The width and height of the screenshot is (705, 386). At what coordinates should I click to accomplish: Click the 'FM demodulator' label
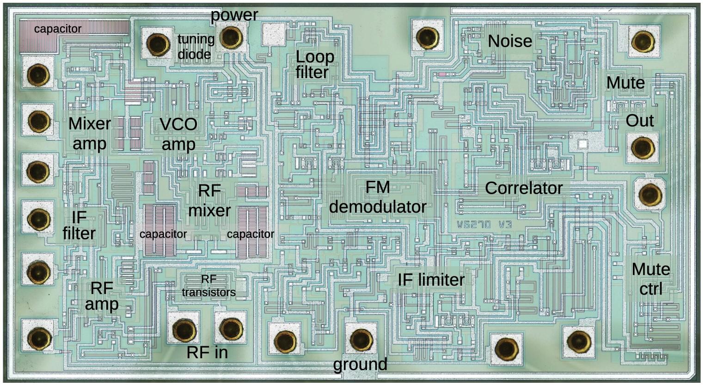tap(377, 197)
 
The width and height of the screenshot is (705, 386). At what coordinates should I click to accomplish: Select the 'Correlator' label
tap(523, 188)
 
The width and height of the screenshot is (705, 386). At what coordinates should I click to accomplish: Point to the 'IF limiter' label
tap(431, 280)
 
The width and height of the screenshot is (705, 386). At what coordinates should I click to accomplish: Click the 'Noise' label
tap(510, 42)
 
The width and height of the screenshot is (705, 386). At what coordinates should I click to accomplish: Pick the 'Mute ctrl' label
tap(650, 279)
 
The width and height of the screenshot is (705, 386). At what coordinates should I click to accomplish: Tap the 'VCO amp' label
tap(178, 134)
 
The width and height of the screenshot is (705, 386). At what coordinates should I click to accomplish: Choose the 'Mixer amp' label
tap(90, 134)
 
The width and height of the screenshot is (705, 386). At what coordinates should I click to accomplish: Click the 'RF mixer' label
tap(209, 201)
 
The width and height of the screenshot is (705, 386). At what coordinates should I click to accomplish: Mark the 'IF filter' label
tap(79, 225)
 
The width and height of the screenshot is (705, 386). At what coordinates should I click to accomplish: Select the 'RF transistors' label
tap(208, 286)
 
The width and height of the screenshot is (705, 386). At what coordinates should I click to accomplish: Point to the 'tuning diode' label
tap(196, 47)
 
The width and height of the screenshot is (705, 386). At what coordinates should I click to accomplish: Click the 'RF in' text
tap(207, 353)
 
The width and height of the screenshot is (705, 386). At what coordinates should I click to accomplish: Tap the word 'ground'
tap(360, 364)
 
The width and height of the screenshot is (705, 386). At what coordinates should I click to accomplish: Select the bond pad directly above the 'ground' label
tap(361, 339)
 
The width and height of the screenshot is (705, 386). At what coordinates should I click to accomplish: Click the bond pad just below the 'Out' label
tap(642, 148)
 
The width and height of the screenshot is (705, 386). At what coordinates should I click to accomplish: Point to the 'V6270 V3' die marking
tap(484, 225)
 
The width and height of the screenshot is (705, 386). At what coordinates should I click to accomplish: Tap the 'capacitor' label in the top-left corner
tap(58, 29)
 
